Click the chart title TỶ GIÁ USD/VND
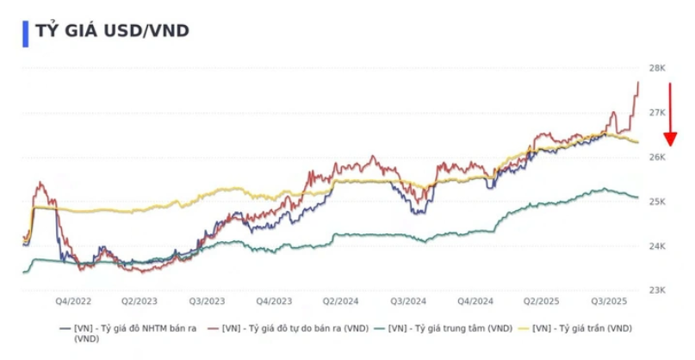click(112, 31)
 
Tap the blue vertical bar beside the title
click(26, 31)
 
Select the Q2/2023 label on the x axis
click(140, 301)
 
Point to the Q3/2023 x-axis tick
click(207, 301)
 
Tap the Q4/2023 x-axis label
click(274, 301)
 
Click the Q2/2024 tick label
click(341, 301)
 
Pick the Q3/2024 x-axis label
click(408, 301)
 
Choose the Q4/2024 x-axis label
click(475, 301)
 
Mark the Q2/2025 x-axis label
click(542, 301)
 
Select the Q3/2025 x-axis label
click(608, 301)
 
